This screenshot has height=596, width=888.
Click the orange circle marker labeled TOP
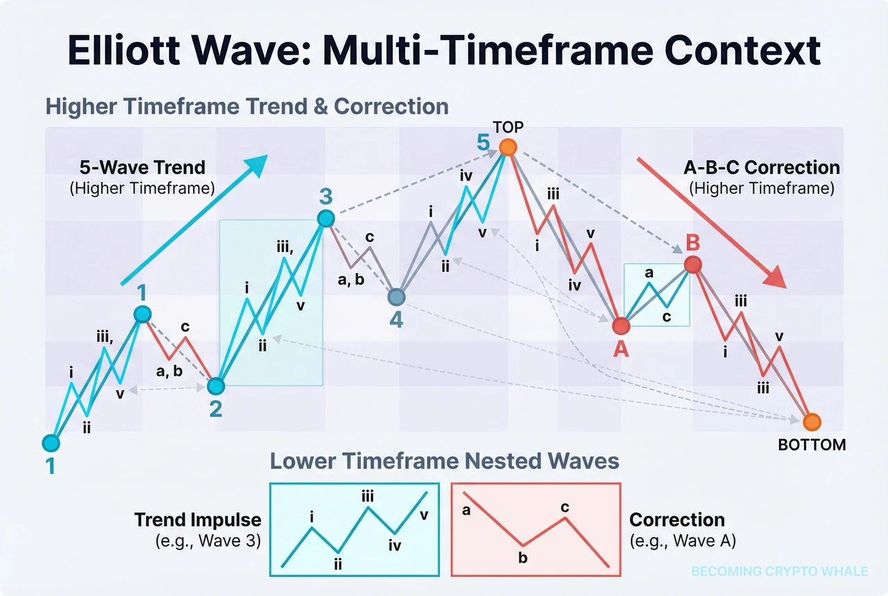508,147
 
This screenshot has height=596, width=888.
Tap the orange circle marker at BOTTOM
811,421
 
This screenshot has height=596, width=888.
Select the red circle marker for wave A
621,325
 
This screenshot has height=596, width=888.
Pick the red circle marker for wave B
692,264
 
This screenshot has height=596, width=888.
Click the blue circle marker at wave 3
325,219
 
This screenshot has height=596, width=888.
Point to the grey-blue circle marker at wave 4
395,297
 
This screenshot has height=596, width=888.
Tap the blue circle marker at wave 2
216,386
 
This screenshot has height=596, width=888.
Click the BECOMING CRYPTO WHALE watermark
779,571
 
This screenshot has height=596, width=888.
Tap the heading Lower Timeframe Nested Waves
444,461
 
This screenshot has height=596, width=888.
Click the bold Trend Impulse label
197,520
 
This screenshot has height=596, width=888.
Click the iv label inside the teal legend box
395,546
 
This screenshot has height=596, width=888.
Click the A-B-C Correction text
761,168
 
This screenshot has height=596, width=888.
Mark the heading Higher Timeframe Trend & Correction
246,107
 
